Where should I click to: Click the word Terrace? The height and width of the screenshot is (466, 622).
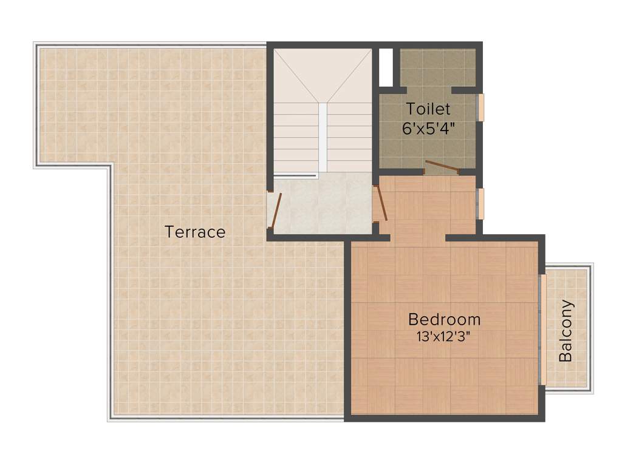coord(195,232)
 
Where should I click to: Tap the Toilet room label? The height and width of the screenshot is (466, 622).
coord(428,109)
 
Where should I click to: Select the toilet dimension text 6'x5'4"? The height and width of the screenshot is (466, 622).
coord(429,129)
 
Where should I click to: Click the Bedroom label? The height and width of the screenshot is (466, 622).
coord(444,319)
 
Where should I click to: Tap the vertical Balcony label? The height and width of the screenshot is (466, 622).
coord(566,331)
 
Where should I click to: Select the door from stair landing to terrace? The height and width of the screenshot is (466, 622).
coord(276,210)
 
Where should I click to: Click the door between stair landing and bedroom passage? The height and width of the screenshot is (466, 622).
coord(381,203)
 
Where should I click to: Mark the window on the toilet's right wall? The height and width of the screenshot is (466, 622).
coord(480,107)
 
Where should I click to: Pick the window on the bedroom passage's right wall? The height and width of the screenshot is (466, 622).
coord(480,204)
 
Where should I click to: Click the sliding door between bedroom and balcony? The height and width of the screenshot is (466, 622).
coord(542,329)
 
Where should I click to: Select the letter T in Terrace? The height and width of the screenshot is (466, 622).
coord(169,232)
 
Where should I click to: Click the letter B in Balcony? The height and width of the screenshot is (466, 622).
coord(566,356)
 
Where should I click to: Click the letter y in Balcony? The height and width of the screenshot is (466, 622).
coord(567,305)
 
